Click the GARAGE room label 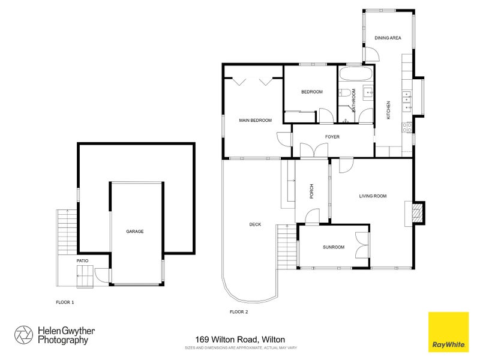pyautogui.click(x=135, y=231)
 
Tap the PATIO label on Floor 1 pyautogui.click(x=82, y=261)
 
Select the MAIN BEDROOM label pyautogui.click(x=255, y=121)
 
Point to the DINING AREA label pyautogui.click(x=387, y=38)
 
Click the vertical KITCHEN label pyautogui.click(x=389, y=110)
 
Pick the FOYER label pyautogui.click(x=332, y=137)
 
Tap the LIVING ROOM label pyautogui.click(x=372, y=196)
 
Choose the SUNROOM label pyautogui.click(x=334, y=247)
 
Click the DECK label pyautogui.click(x=255, y=224)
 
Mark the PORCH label pyautogui.click(x=311, y=191)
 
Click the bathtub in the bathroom pyautogui.click(x=355, y=76)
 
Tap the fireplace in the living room pyautogui.click(x=417, y=212)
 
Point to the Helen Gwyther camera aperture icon pyautogui.click(x=23, y=335)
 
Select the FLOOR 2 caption pyautogui.click(x=239, y=312)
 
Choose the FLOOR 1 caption pyautogui.click(x=65, y=302)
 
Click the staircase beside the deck pyautogui.click(x=286, y=246)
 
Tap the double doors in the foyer pyautogui.click(x=310, y=151)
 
